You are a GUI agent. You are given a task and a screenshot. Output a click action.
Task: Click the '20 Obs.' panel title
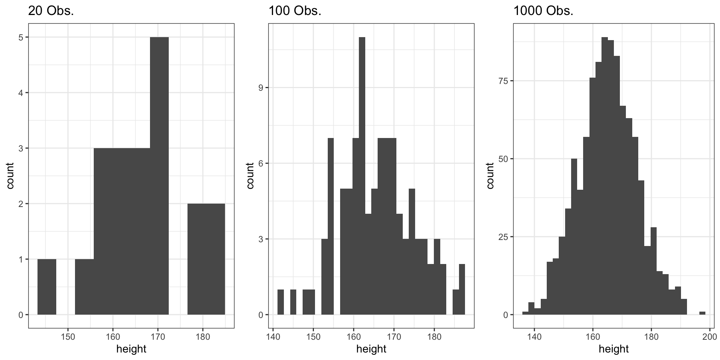point(51,11)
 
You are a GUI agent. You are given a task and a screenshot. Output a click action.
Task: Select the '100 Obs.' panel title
point(295,11)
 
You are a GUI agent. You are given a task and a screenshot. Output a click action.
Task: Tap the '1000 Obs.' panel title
point(543,11)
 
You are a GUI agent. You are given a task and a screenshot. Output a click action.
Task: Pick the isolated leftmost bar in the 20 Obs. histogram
point(47,287)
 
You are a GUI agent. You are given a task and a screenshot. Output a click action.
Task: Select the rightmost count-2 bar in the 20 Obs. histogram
point(206,259)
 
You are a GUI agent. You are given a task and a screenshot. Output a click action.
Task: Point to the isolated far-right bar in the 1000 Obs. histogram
point(702,313)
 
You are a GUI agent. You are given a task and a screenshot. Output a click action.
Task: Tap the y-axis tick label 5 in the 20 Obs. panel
point(21,37)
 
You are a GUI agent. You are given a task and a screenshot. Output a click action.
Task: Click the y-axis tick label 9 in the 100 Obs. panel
point(261,88)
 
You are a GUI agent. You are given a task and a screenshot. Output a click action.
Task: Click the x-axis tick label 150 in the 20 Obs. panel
point(68,336)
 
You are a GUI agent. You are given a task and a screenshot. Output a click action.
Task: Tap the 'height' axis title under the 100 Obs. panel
point(371,349)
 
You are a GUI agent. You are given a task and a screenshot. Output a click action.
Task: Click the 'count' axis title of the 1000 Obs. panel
point(490,175)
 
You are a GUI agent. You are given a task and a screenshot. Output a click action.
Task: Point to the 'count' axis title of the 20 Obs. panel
point(10,175)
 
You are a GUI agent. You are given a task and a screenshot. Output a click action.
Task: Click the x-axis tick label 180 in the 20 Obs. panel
point(203,336)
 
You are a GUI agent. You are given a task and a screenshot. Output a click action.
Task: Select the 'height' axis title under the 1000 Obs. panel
point(613,349)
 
